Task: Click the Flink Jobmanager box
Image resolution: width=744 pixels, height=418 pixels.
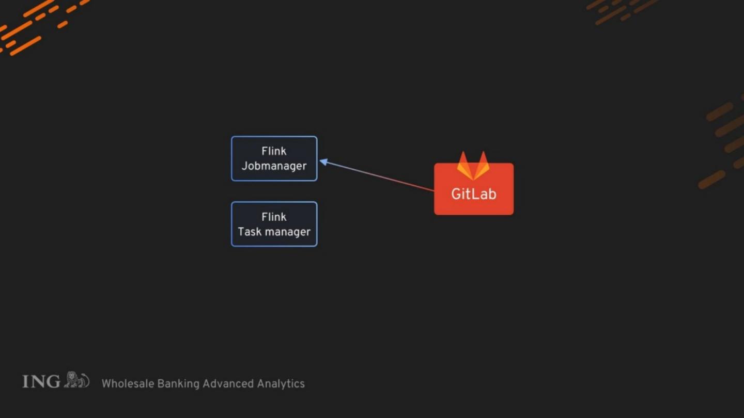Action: coord(274,158)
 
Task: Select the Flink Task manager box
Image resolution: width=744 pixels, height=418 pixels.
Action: coord(274,224)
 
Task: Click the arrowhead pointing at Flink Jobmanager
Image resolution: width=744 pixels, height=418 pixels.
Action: coord(323,162)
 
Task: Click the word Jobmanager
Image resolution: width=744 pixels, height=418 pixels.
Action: coord(274,166)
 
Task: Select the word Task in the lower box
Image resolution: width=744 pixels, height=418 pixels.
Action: coord(250,232)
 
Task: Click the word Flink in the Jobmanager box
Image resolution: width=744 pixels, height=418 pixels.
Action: coord(274,151)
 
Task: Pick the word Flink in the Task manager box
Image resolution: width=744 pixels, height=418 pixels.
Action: coord(274,217)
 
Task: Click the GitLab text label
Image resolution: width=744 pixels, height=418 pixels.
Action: coord(474,194)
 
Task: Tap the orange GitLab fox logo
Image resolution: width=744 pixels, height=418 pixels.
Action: coord(473,166)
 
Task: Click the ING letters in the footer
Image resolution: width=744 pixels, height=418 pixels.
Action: coord(41,381)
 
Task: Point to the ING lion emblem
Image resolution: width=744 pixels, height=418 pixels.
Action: coord(76,380)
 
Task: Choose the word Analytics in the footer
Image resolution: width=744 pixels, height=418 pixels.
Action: coord(281,384)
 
